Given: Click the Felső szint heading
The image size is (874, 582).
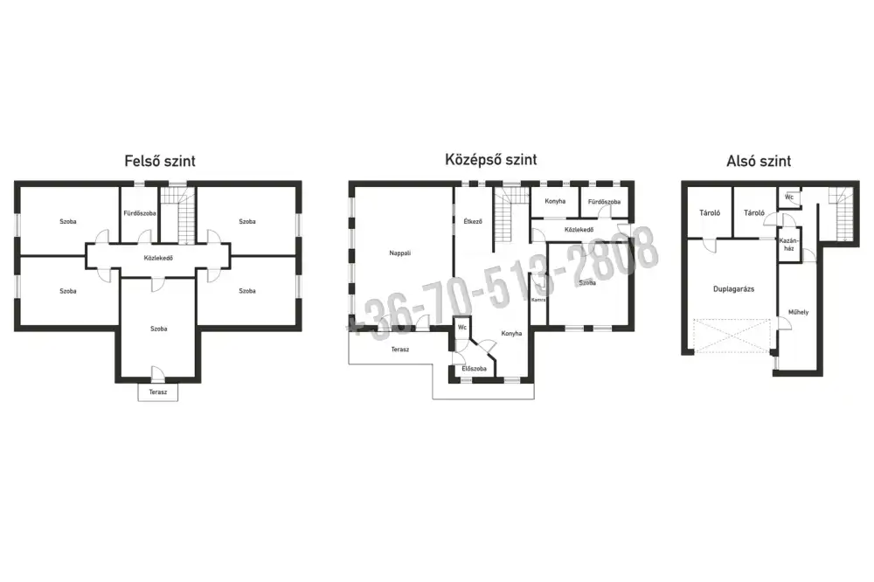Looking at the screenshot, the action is (160, 161).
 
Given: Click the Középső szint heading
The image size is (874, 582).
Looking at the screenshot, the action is (490, 159).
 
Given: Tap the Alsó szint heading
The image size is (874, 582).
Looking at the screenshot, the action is (759, 161).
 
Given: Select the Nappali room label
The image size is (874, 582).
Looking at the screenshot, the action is (399, 253).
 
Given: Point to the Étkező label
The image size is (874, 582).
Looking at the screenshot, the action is (473, 221).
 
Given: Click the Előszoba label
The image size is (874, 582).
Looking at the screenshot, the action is (474, 369).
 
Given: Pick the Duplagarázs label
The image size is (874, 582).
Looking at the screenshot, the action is (733, 289).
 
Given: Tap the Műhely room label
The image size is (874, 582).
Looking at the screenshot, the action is (798, 312).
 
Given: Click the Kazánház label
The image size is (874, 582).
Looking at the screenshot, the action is (788, 245).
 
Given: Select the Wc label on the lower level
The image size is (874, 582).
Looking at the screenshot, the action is (788, 197).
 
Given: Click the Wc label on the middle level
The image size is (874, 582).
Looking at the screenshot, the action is (462, 327).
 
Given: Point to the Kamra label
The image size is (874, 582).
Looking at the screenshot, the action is (538, 300).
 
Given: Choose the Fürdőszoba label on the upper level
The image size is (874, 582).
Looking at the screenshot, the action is (139, 213).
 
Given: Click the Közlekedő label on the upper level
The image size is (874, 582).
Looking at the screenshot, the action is (158, 258).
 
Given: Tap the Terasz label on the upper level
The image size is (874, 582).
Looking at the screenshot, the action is (157, 391).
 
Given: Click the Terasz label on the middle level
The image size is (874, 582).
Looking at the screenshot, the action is (399, 350).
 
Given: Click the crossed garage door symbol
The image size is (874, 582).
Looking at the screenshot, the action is (732, 336).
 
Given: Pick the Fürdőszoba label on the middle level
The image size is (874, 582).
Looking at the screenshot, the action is (604, 202).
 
